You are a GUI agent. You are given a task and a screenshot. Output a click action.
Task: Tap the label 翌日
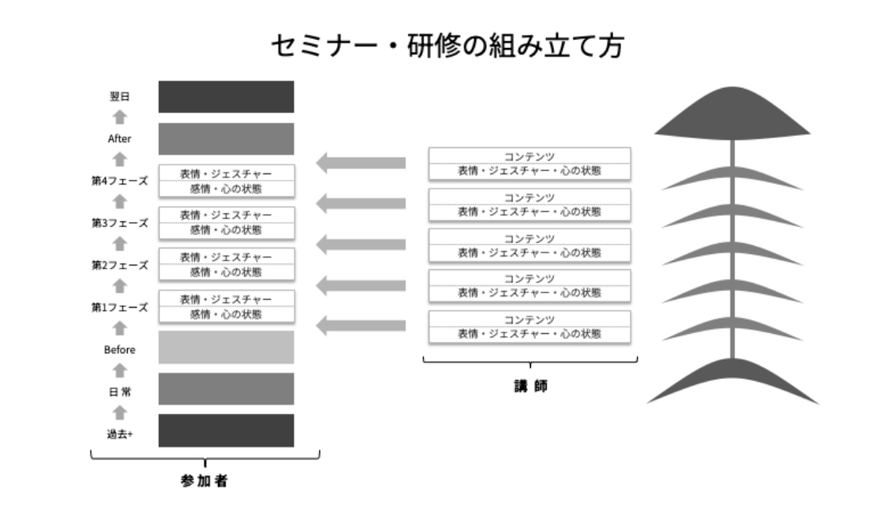pos(120,97)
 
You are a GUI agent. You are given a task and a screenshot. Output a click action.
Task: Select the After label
pos(120,138)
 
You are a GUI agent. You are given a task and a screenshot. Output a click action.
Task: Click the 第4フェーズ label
pos(120,181)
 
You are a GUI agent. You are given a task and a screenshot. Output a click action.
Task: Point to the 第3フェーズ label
pos(120,223)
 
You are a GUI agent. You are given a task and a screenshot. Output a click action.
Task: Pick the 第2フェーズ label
pos(120,264)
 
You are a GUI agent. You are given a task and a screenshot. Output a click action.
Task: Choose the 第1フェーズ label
pos(120,307)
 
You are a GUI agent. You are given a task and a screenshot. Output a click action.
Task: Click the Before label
pos(120,349)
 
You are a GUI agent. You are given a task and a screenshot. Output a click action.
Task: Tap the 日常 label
pos(120,392)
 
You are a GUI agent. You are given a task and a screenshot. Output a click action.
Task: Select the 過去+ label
pos(120,434)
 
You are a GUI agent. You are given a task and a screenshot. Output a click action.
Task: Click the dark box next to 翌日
pos(226,97)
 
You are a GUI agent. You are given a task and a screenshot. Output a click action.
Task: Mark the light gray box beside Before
pos(226,348)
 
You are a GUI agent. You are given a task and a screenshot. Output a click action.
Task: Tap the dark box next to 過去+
pos(226,431)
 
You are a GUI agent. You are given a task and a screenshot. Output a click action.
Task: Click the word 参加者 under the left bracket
pos(205,482)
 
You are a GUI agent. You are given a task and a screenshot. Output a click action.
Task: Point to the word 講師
pos(530,385)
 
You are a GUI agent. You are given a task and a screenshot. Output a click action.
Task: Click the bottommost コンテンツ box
pos(530,327)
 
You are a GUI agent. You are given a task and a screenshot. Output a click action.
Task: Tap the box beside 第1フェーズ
pos(226,307)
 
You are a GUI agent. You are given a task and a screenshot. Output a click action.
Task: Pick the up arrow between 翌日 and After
pos(120,117)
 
